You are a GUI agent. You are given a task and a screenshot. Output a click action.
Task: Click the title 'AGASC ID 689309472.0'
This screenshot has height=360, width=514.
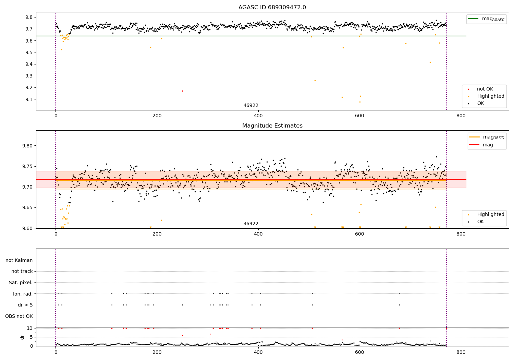tap(272, 8)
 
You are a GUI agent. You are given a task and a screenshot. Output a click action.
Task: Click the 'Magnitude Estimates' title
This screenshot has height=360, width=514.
tap(272, 126)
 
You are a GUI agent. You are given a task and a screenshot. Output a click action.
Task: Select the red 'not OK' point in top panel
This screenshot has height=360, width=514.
tap(182, 91)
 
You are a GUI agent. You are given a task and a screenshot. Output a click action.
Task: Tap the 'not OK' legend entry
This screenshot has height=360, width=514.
tap(485, 89)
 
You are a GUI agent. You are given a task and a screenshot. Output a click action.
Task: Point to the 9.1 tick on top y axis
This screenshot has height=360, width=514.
tap(28, 99)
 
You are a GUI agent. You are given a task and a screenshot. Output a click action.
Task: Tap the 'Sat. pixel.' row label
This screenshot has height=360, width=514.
tap(21, 283)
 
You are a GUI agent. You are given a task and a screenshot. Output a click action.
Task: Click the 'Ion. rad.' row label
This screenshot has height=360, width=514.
tap(23, 294)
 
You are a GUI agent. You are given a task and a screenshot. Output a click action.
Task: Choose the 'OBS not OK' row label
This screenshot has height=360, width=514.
tap(19, 316)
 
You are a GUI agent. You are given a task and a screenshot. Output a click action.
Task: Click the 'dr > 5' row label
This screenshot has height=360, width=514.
tap(25, 305)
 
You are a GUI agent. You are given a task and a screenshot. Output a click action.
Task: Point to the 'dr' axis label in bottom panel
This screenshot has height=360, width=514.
tap(22, 337)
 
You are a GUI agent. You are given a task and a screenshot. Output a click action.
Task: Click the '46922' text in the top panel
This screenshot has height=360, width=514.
tap(251, 106)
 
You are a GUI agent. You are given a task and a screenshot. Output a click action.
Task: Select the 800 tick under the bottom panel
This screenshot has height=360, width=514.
tap(461, 352)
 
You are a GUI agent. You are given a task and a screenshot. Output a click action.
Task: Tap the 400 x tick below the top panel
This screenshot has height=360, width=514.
tap(258, 116)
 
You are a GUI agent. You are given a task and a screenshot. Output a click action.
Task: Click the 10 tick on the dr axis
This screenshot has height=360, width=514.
tap(30, 328)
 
